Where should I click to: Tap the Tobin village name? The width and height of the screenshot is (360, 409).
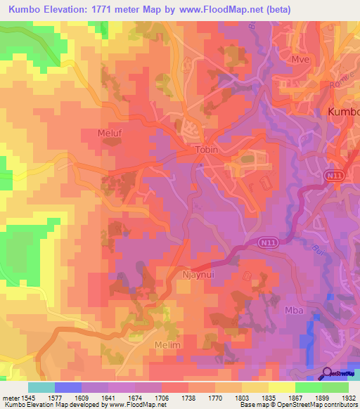[207, 150]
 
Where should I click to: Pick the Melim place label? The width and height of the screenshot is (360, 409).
[167, 346]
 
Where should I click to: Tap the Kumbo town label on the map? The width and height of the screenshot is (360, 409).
[344, 112]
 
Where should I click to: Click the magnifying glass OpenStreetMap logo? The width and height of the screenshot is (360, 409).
[327, 373]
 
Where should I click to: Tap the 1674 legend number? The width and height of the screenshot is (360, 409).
[136, 396]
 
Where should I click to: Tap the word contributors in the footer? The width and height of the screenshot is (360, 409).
[341, 405]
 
